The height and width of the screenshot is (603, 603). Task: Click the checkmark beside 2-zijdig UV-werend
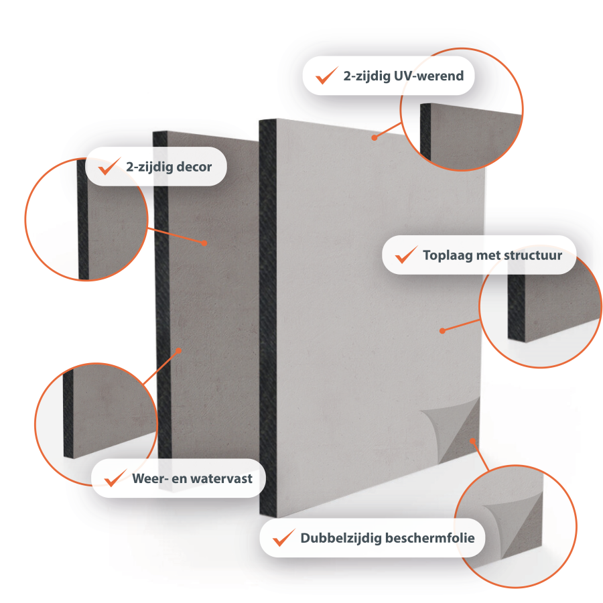click(326, 75)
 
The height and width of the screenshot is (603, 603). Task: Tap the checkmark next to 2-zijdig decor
click(109, 166)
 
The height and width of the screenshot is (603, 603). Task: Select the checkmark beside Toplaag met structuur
click(407, 255)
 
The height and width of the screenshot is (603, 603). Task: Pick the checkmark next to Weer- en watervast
click(115, 478)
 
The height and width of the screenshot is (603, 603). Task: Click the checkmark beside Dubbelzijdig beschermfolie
click(284, 537)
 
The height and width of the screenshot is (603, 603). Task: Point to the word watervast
click(222, 479)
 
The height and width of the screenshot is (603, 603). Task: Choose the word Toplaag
click(448, 256)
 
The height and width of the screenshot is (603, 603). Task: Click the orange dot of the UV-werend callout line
click(374, 137)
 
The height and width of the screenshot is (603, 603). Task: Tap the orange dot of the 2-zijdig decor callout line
click(204, 243)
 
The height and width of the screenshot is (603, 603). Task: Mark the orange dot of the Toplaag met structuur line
click(442, 331)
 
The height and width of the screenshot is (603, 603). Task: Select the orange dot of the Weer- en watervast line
click(179, 350)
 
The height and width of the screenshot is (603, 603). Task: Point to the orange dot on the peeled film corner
click(472, 441)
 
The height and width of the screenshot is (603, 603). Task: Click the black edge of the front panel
click(267, 318)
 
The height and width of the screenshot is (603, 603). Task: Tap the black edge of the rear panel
click(162, 294)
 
